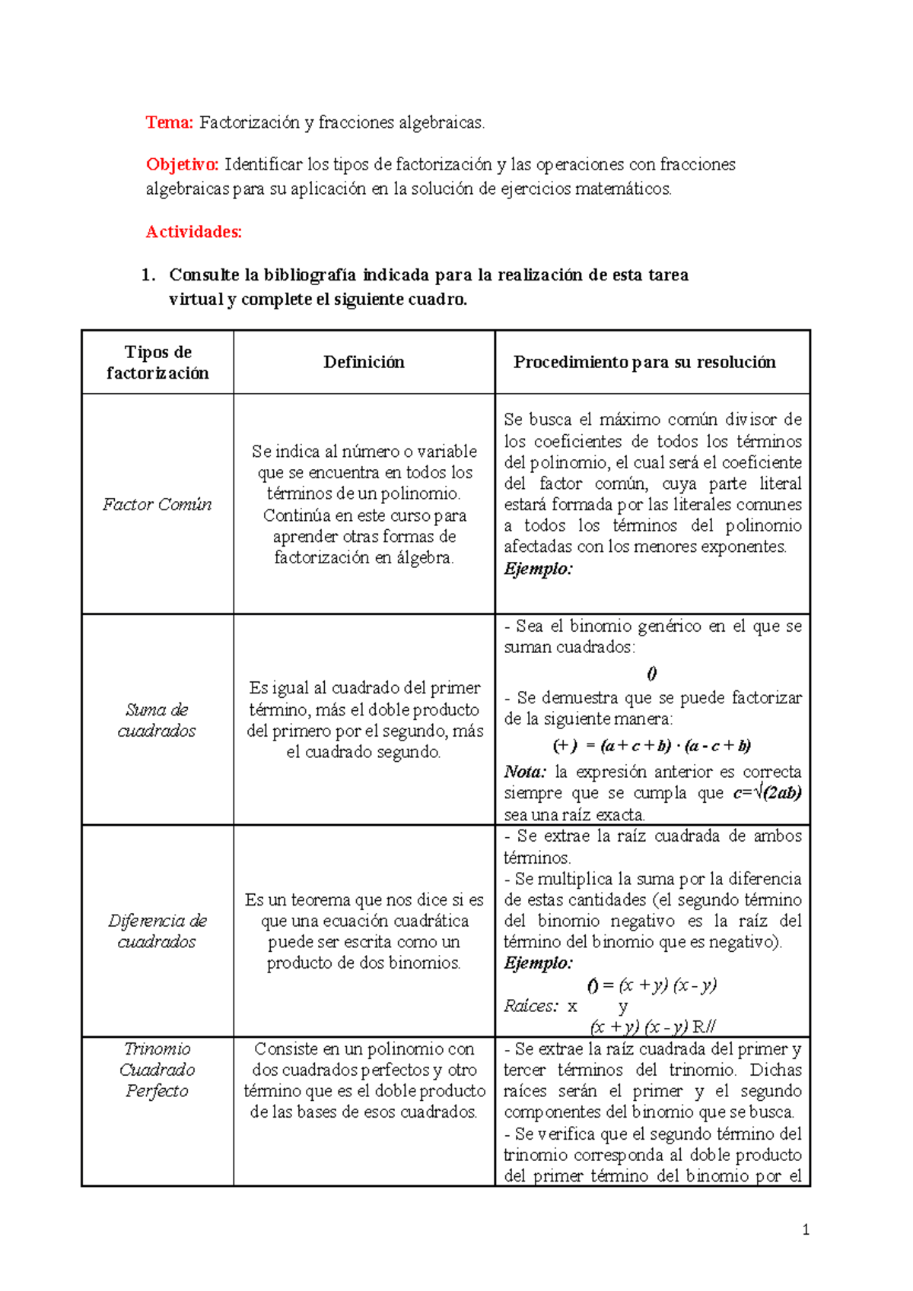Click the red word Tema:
[x=169, y=122]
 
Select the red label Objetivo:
[x=182, y=164]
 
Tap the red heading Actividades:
[x=193, y=232]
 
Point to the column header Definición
[x=364, y=363]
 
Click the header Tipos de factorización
[x=157, y=363]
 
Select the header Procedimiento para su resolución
[x=644, y=363]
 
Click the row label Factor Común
[x=157, y=505]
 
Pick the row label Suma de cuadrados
[x=157, y=720]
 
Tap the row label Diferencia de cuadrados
[x=157, y=931]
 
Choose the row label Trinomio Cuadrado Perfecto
[x=157, y=1070]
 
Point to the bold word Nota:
[x=525, y=772]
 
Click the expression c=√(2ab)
[x=767, y=794]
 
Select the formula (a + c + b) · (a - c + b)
[x=676, y=746]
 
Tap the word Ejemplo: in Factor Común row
[x=538, y=569]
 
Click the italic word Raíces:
[x=530, y=1007]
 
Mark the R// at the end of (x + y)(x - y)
[x=704, y=1027]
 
